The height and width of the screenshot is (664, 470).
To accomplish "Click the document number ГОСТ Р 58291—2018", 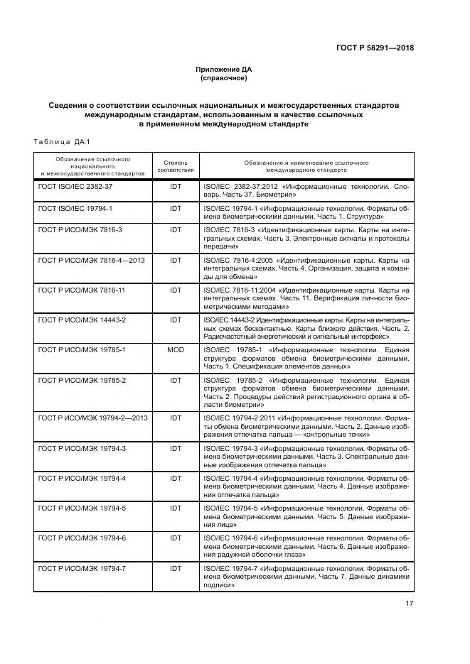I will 374,48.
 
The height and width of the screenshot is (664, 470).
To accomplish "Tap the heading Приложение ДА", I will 224,69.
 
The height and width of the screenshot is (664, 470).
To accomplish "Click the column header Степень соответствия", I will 175,166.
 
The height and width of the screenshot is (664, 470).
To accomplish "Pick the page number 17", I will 409,603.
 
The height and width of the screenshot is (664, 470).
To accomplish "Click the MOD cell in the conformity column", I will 175,351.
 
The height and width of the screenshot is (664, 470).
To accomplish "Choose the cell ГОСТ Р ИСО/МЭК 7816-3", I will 80,231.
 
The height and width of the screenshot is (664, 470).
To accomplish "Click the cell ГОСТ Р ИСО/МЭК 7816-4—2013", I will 92,261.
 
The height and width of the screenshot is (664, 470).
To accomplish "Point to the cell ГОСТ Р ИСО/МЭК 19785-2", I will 82,381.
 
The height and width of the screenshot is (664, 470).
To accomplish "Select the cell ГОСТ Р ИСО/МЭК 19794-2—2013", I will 93,418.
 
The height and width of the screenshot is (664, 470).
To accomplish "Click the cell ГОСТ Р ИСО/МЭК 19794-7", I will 82,568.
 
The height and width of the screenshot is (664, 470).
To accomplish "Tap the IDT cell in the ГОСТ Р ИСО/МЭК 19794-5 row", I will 175,508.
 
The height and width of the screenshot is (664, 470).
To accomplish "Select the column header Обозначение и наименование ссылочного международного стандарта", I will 306,166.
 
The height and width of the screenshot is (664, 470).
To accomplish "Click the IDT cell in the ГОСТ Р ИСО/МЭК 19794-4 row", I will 175,479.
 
